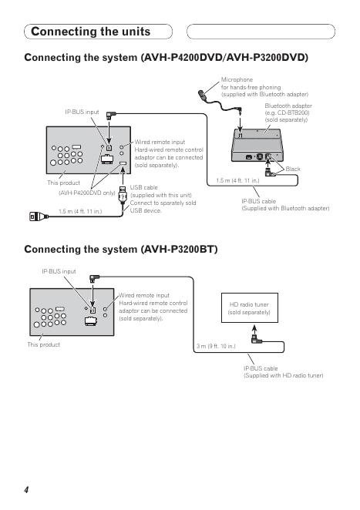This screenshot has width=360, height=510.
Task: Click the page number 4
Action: (x=26, y=490)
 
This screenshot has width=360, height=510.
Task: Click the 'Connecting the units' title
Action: (x=90, y=32)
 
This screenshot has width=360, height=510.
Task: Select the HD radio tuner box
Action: (x=250, y=307)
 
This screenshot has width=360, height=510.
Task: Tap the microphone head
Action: (x=202, y=95)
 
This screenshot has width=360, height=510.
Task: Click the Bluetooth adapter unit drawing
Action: (x=257, y=146)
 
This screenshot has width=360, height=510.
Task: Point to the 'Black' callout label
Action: (x=293, y=169)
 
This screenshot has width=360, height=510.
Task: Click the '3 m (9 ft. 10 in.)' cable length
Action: (x=216, y=346)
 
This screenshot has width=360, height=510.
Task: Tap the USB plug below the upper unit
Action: (x=123, y=194)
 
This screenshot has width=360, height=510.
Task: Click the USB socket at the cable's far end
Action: (x=39, y=216)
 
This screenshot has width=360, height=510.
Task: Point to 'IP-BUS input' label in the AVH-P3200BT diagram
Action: (x=59, y=271)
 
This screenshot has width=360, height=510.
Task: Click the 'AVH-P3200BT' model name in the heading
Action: (x=180, y=250)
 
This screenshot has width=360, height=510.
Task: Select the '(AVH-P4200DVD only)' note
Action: (x=87, y=193)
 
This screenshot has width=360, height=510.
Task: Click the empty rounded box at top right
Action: (x=261, y=32)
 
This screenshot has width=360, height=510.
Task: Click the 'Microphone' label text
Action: (x=237, y=79)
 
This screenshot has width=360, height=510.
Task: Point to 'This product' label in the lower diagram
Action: (x=44, y=344)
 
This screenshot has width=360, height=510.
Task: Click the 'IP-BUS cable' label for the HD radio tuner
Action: (x=261, y=368)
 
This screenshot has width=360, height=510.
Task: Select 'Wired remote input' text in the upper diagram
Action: (x=160, y=142)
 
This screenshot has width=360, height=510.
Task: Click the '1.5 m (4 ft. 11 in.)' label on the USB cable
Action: (x=80, y=211)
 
